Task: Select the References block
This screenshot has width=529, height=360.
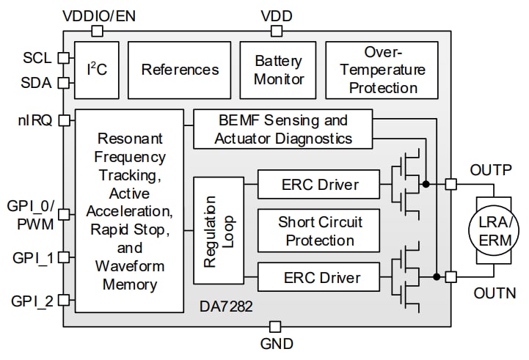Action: pyautogui.click(x=180, y=70)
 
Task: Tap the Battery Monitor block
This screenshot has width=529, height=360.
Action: pyautogui.click(x=279, y=70)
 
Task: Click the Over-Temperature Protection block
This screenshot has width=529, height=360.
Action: pyautogui.click(x=382, y=70)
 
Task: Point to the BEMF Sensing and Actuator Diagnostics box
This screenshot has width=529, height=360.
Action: pyautogui.click(x=283, y=129)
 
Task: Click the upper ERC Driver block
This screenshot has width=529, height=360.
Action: pyautogui.click(x=319, y=183)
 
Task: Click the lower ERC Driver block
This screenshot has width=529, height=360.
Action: pyautogui.click(x=319, y=278)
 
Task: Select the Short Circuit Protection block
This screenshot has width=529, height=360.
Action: pyautogui.click(x=319, y=230)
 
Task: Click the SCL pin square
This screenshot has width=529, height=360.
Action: pyautogui.click(x=63, y=57)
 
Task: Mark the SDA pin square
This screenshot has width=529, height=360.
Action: pyautogui.click(x=63, y=83)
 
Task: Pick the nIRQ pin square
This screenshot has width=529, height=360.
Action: pyautogui.click(x=63, y=120)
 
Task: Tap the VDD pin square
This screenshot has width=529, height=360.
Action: pyautogui.click(x=277, y=31)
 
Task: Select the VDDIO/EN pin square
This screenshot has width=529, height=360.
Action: pyautogui.click(x=97, y=31)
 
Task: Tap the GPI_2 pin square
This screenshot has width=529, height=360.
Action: pyautogui.click(x=63, y=299)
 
